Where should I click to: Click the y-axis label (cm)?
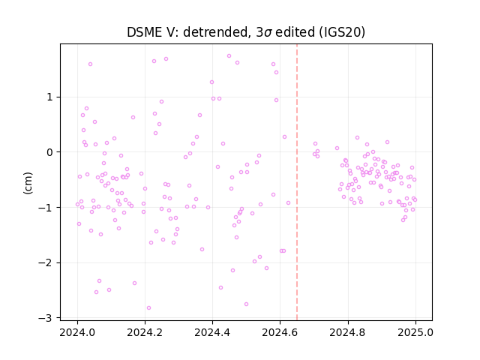[28, 183]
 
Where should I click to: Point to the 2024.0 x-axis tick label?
[77, 332]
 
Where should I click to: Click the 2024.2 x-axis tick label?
[145, 332]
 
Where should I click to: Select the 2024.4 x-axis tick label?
[212, 332]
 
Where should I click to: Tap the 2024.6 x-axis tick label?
[280, 332]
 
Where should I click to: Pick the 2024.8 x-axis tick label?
[348, 332]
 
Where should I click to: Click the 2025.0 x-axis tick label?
[415, 332]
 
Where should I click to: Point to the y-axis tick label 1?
[49, 97]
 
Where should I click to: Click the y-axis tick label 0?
[49, 152]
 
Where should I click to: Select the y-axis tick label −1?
[46, 208]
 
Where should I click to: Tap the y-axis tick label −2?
[46, 263]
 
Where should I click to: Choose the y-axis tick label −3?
[46, 318]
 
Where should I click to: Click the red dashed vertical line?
[297, 182]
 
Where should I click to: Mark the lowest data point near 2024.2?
[148, 307]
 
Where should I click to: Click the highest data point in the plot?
[229, 55]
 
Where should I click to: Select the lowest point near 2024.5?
[246, 304]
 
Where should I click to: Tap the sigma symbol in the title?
[268, 33]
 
